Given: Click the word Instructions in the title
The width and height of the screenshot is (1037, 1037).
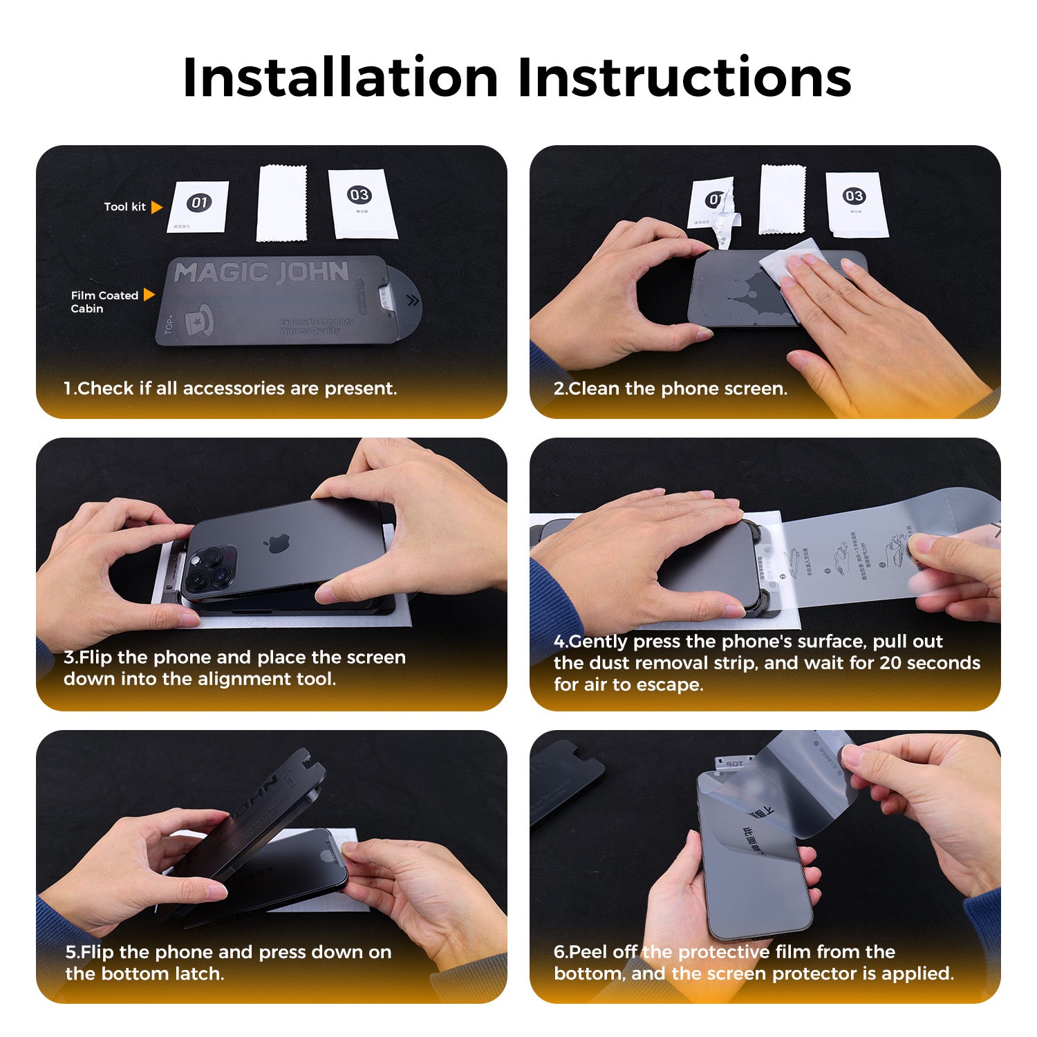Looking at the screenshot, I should click(684, 77).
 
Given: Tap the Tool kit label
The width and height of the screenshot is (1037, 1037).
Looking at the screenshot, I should click(124, 207).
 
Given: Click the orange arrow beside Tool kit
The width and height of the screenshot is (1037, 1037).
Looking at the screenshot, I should click(156, 207).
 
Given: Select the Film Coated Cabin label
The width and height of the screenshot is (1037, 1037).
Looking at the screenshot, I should click(104, 301).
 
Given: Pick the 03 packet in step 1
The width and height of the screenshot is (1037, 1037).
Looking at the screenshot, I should click(362, 203).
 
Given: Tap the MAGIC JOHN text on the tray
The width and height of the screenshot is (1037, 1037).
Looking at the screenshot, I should click(261, 272).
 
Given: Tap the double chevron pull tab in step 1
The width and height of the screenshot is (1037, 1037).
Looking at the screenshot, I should click(413, 300).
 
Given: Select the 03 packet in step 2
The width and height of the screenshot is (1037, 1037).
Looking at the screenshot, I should click(855, 204).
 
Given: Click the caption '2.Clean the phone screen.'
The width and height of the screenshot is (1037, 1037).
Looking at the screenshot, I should click(670, 389).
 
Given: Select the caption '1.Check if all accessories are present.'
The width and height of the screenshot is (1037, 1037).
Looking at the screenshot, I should click(230, 389).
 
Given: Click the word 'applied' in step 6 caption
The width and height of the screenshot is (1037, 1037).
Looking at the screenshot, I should click(919, 973).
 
